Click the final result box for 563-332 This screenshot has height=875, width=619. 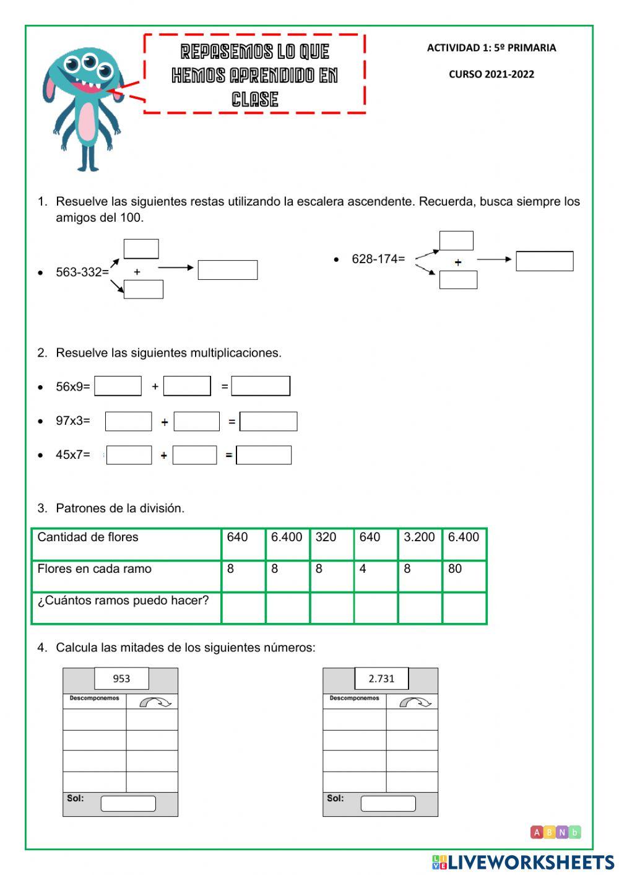227,270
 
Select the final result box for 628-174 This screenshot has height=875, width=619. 544,261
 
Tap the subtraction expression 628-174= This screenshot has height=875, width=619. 378,259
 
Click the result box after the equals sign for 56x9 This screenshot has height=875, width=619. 261,386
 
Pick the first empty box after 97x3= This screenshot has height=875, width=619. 128,421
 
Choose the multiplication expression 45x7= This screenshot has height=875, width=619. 72,455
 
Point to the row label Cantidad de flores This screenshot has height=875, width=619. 88,538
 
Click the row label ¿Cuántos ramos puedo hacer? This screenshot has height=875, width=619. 123,601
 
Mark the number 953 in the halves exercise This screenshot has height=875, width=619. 121,679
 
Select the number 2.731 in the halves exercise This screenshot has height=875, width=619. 381,679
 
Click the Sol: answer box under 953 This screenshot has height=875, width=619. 128,804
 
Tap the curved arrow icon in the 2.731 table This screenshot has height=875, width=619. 414,702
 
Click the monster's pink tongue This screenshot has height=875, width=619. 90,89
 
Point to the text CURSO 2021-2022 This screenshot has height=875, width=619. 491,74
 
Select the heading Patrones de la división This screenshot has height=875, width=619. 120,508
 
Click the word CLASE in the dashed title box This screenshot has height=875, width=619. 254,99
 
